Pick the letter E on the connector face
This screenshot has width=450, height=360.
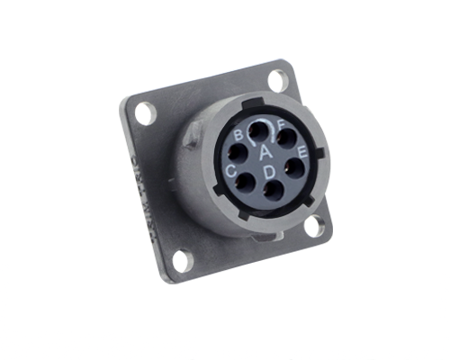click(302, 153)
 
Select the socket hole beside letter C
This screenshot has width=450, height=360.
click(245, 183)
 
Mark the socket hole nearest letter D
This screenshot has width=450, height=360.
click(272, 189)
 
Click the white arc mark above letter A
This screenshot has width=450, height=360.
click(262, 122)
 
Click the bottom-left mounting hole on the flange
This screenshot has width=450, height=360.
click(183, 260)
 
